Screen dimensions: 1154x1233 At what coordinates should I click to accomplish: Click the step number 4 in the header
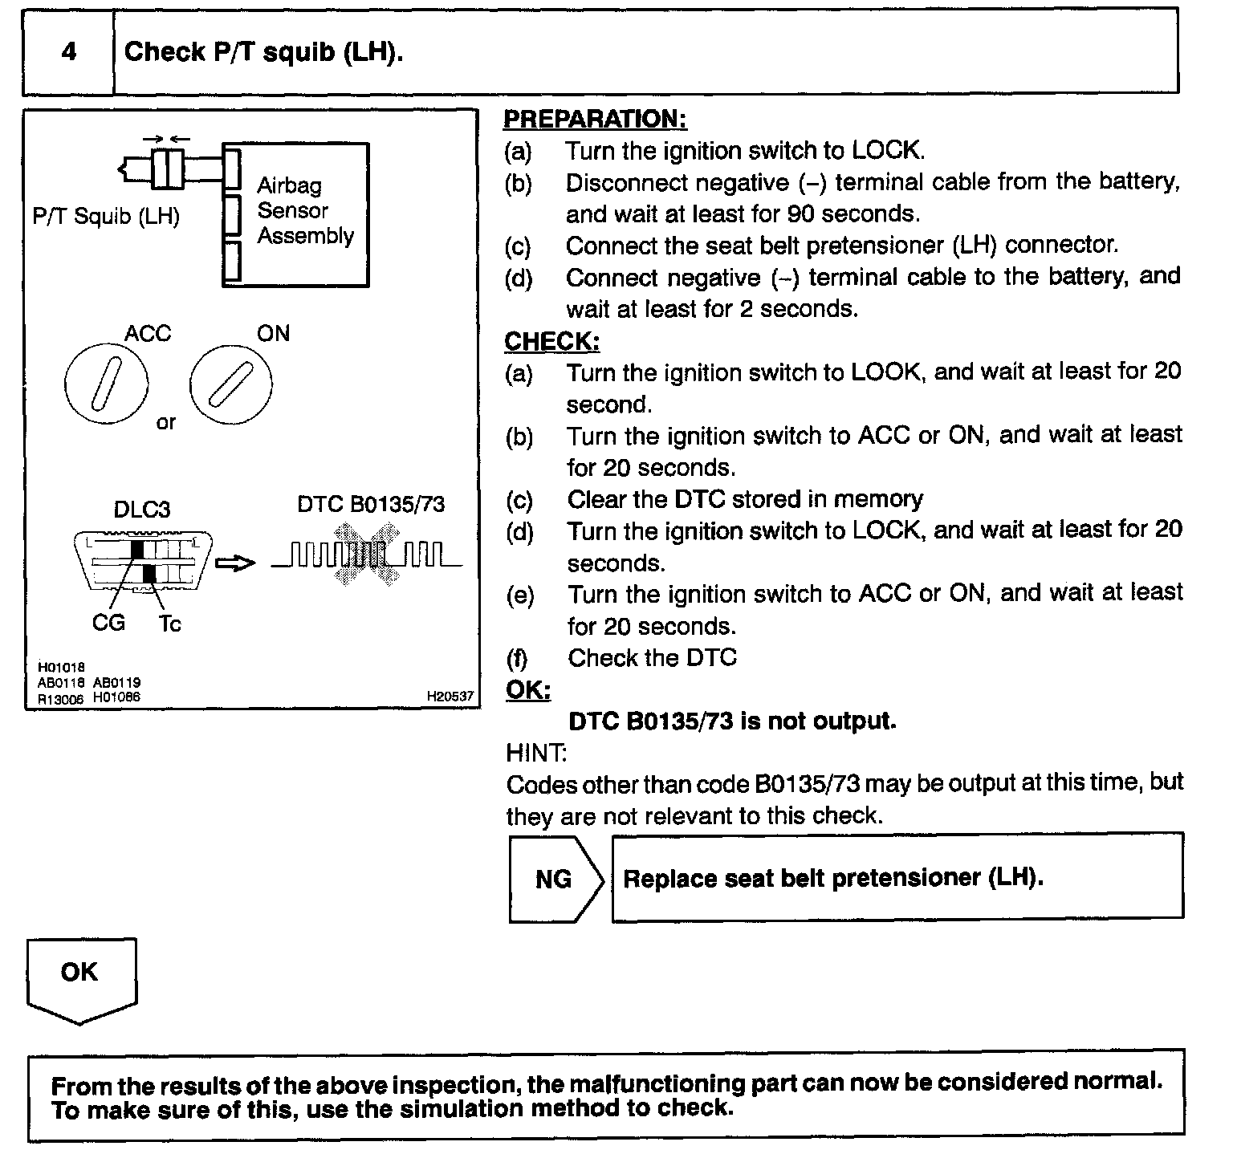[69, 53]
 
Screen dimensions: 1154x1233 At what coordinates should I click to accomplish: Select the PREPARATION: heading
[595, 119]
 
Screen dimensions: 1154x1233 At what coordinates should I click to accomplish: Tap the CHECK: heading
[551, 341]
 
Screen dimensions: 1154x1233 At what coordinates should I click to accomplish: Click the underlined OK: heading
[528, 690]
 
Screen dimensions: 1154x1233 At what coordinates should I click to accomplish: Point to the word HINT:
[536, 753]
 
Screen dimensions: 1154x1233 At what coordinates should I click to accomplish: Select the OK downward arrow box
[80, 978]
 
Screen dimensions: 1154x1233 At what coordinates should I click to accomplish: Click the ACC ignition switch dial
[106, 384]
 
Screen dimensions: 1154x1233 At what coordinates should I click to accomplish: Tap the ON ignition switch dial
[230, 384]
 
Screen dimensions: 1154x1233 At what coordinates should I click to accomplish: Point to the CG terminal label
[109, 623]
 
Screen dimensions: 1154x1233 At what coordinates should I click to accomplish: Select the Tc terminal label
[169, 624]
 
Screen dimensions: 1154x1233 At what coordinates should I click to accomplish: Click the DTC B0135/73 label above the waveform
[370, 504]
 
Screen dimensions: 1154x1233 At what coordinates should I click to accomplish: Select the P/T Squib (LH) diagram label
[106, 217]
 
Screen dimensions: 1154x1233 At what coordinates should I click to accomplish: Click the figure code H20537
[450, 697]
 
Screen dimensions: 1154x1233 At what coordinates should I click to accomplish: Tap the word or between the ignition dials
[165, 423]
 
